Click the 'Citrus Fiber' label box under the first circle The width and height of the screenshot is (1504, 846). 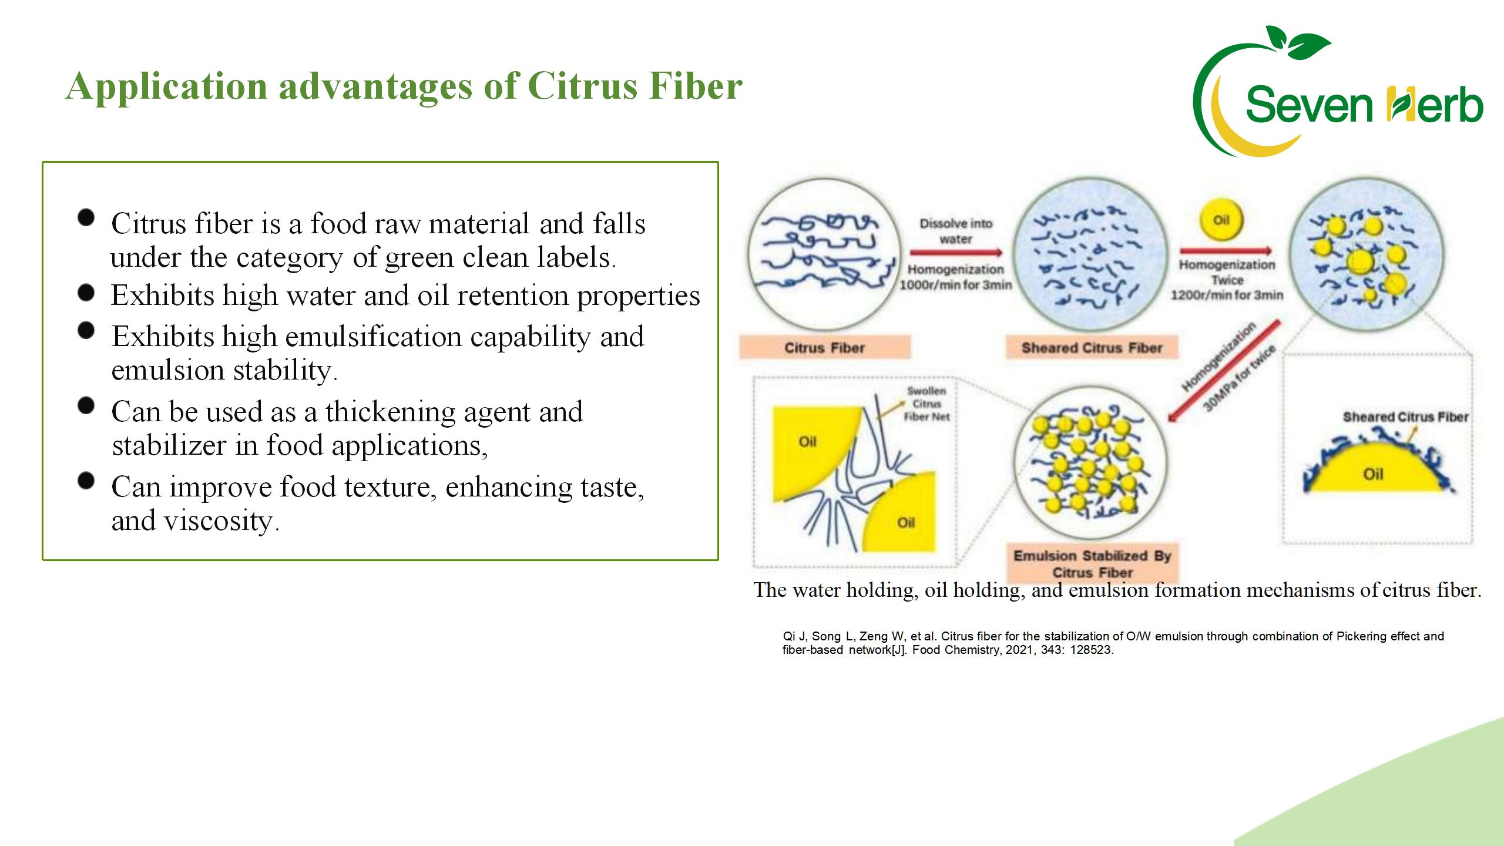pyautogui.click(x=825, y=348)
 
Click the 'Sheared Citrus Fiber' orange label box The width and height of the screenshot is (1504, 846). pyautogui.click(x=1092, y=348)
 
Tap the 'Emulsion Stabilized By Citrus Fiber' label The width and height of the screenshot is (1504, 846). pyautogui.click(x=1092, y=563)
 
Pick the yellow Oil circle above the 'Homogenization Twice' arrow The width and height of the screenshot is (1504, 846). pyautogui.click(x=1221, y=220)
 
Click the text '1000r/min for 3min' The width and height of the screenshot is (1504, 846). pyautogui.click(x=956, y=286)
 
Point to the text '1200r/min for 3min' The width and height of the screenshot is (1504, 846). pyautogui.click(x=1227, y=295)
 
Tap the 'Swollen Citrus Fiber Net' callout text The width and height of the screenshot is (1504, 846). pyautogui.click(x=926, y=404)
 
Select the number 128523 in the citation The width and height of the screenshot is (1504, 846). pyautogui.click(x=1091, y=650)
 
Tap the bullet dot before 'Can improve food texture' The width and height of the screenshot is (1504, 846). pyautogui.click(x=86, y=481)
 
